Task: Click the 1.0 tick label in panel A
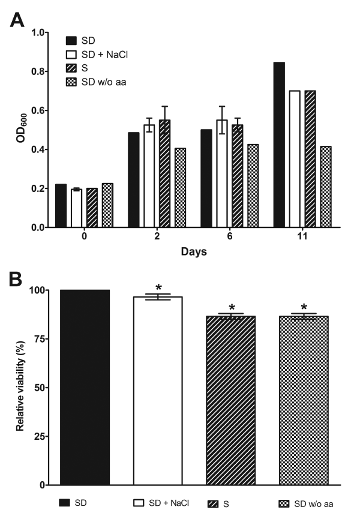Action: coord(38,32)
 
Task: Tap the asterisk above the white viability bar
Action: coord(158,288)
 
